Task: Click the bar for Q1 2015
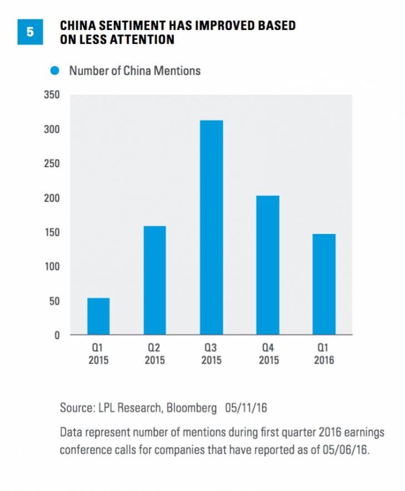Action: pyautogui.click(x=98, y=316)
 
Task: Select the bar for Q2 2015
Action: pyautogui.click(x=155, y=280)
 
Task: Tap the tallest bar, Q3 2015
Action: pyautogui.click(x=211, y=227)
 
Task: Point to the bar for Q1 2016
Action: pyautogui.click(x=324, y=284)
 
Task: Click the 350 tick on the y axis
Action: pyautogui.click(x=53, y=95)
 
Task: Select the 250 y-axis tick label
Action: pyautogui.click(x=53, y=164)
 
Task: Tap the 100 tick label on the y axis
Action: pyautogui.click(x=53, y=267)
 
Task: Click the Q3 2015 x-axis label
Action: pyautogui.click(x=211, y=354)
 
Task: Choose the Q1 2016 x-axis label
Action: pyautogui.click(x=324, y=354)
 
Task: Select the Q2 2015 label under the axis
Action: pyautogui.click(x=155, y=354)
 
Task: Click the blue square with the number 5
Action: pyautogui.click(x=30, y=32)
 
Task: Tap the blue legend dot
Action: pyautogui.click(x=55, y=71)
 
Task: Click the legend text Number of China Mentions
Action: pyautogui.click(x=135, y=71)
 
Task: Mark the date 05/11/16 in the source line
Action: pyautogui.click(x=246, y=408)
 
